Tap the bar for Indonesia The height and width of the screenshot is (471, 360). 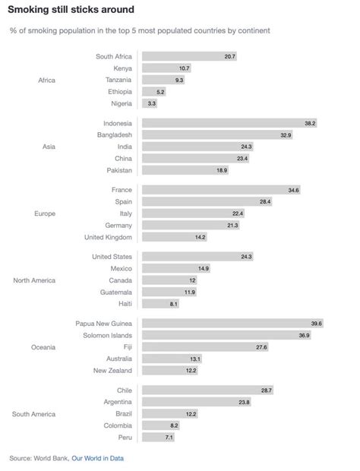pos(230,122)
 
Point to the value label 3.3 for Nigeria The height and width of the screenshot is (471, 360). pos(152,103)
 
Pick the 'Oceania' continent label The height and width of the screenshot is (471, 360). pos(43,347)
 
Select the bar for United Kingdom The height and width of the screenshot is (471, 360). pos(174,237)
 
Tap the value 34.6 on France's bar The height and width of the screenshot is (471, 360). pos(293,189)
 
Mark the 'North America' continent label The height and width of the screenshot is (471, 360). pos(34,280)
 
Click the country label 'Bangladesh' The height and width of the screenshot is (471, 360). pos(112,134)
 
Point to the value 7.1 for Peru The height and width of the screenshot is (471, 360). pos(169,438)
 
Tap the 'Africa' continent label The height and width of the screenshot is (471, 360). pos(46,80)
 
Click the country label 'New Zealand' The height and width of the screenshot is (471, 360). pos(112,371)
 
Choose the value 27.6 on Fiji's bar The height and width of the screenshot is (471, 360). pos(261,346)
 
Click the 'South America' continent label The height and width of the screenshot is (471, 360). pos(34,414)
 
